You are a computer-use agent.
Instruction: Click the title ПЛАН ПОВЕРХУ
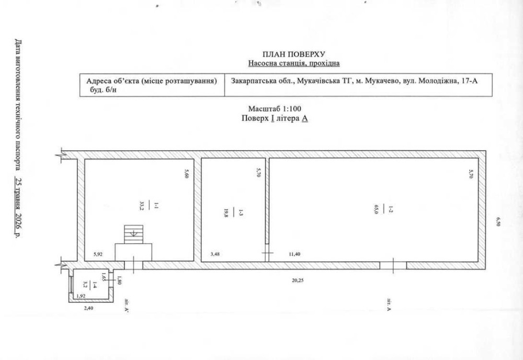click(293, 54)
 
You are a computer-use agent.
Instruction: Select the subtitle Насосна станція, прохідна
click(294, 63)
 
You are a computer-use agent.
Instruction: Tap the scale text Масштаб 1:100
click(275, 109)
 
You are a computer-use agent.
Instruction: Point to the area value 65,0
click(376, 209)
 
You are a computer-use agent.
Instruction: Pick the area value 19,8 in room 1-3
click(226, 213)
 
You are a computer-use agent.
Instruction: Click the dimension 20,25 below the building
click(298, 280)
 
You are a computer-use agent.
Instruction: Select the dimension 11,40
click(294, 254)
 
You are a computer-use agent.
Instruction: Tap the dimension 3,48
click(215, 254)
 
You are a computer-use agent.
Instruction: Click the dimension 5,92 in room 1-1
click(98, 254)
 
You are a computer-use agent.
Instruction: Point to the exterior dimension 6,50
click(498, 221)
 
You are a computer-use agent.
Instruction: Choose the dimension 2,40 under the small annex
click(88, 308)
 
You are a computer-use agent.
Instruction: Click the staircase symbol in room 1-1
click(133, 234)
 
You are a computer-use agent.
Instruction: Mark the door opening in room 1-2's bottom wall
click(393, 266)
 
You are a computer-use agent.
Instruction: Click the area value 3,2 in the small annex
click(85, 285)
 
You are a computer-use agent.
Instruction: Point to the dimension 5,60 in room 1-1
click(187, 174)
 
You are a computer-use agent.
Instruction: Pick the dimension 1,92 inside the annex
click(82, 296)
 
